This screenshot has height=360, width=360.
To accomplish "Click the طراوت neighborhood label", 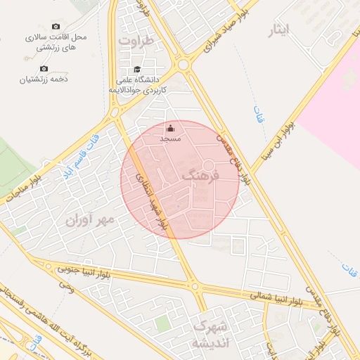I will (136, 41).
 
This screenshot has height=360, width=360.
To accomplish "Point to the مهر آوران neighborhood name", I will (89, 221).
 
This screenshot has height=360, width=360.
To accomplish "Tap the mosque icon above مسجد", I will (171, 128).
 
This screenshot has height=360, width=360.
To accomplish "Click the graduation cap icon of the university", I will (137, 69).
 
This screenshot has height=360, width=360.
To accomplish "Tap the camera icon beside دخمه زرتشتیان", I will (44, 68).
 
